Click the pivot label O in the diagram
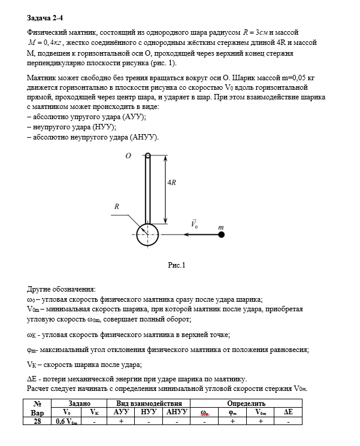click(128, 155)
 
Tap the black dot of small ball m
click(222, 235)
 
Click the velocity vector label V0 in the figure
click(194, 223)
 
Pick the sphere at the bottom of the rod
click(147, 235)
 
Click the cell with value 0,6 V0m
click(66, 421)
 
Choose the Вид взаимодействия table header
click(149, 404)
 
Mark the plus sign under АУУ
click(122, 421)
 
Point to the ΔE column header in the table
click(288, 412)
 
